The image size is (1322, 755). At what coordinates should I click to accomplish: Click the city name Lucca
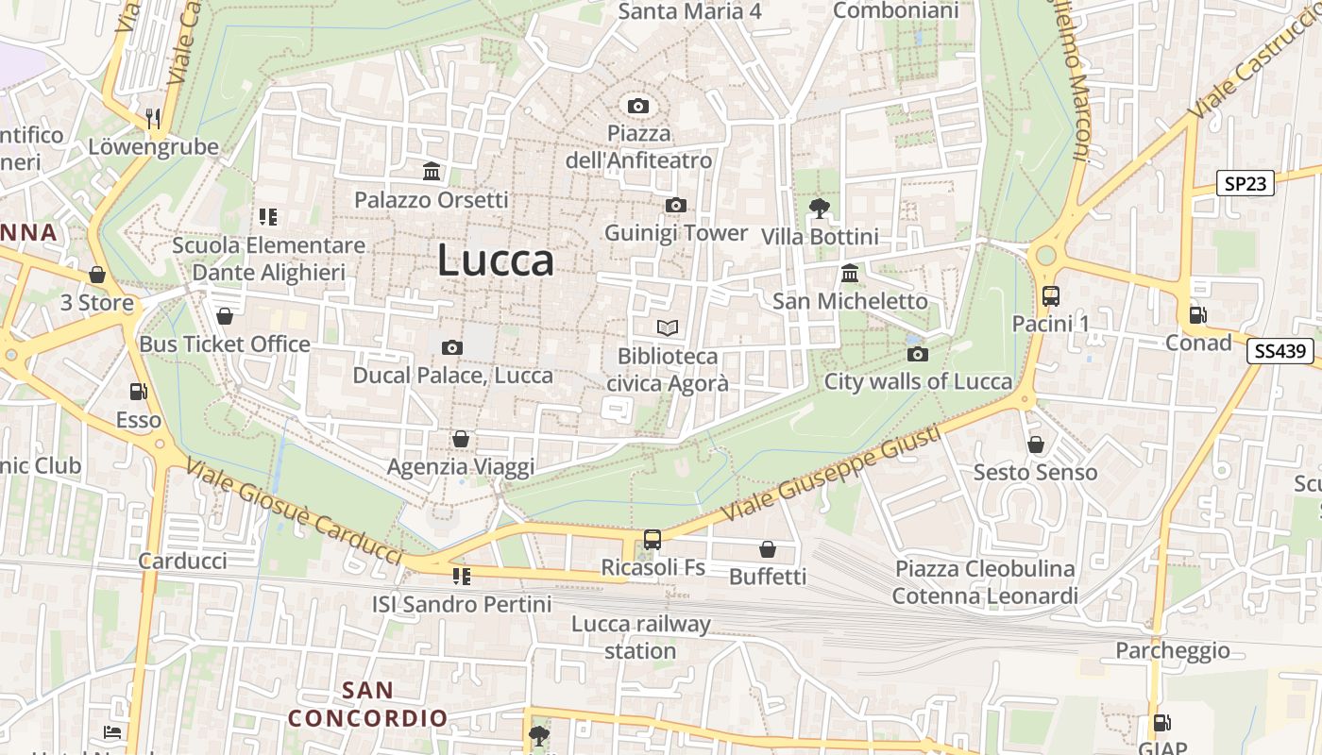[x=495, y=260]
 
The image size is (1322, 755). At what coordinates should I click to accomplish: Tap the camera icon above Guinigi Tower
[x=675, y=205]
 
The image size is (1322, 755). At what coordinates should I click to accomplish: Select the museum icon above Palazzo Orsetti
[x=432, y=171]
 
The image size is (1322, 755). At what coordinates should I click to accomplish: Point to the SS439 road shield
[x=1280, y=351]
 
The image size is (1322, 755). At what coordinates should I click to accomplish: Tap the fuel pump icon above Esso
[x=138, y=391]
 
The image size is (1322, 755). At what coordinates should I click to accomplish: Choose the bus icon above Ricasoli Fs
[x=652, y=539]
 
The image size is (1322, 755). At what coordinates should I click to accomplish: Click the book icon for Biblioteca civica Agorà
[x=668, y=327]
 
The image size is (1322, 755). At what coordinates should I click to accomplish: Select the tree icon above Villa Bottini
[x=819, y=208]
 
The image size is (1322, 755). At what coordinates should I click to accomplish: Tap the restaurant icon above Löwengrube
[x=152, y=118]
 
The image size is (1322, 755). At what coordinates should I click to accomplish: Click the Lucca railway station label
[x=640, y=637]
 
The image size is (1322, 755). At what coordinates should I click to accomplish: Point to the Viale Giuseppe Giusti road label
[x=831, y=474]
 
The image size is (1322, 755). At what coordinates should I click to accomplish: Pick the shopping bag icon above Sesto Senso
[x=1036, y=444]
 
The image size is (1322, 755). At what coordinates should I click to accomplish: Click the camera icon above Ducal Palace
[x=452, y=347]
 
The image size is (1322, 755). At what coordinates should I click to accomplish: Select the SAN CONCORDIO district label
[x=367, y=704]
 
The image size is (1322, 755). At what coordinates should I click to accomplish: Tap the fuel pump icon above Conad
[x=1197, y=314]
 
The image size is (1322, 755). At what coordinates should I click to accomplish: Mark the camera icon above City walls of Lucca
[x=917, y=354]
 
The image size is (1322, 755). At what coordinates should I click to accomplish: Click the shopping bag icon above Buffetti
[x=768, y=548]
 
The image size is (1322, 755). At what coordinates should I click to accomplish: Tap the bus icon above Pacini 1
[x=1050, y=295]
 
